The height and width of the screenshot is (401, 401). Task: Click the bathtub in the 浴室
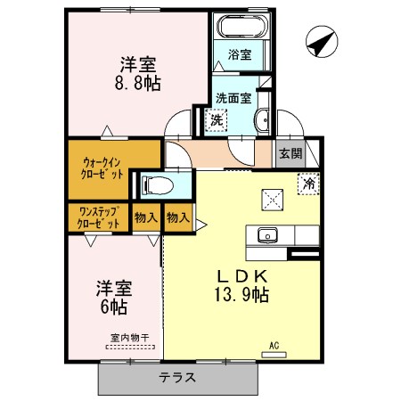242,26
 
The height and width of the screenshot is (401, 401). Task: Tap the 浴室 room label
240,54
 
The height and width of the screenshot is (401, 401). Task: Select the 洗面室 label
233,98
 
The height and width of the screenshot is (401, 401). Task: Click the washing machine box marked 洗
217,120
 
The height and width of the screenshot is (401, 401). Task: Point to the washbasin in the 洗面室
262,120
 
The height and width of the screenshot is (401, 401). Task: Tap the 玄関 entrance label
291,154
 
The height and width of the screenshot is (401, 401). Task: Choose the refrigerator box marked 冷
308,184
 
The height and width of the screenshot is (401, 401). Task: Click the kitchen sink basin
267,235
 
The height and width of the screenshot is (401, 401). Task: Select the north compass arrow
322,42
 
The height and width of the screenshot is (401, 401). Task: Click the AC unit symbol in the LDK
274,355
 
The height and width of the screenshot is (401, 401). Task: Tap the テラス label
177,378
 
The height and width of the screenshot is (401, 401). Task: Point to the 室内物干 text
130,338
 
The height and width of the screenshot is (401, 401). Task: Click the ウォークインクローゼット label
102,168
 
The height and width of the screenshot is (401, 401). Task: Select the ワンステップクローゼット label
99,217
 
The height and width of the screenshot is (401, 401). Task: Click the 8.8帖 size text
138,83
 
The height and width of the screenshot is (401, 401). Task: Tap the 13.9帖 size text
241,295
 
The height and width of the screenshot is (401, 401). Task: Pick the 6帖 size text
114,307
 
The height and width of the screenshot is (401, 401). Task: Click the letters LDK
242,277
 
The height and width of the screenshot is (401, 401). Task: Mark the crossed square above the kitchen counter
273,200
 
